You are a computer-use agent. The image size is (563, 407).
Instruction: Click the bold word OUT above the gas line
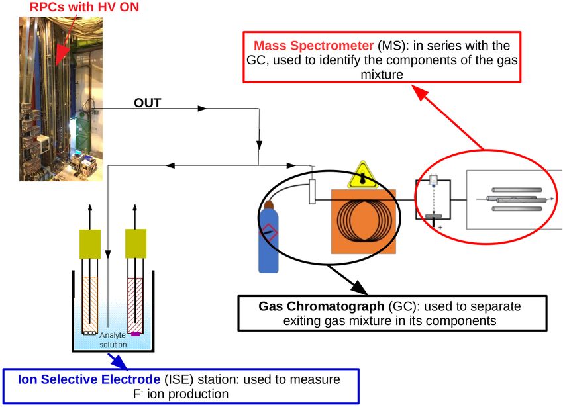pos(147,103)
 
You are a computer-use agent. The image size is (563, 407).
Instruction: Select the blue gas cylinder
pos(268,238)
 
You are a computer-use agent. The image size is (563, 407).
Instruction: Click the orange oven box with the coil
pos(364,222)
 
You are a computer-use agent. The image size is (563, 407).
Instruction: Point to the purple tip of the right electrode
pos(135,334)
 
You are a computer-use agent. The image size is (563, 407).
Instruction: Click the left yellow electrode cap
pos(90,244)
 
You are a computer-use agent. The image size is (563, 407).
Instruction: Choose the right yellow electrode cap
pos(136,244)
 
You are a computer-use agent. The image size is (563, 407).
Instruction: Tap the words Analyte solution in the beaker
pos(113,340)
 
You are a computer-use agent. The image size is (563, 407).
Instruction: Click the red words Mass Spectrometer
pos(314,46)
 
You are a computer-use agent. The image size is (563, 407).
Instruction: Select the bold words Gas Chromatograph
pos(321,306)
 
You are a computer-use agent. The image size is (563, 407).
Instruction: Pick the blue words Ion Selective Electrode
pos(89,379)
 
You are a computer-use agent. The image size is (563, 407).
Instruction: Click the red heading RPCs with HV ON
pos(84,7)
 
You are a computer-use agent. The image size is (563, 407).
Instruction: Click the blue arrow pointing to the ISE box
pos(117,361)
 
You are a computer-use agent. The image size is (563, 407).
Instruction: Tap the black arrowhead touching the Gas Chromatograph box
pos(359,287)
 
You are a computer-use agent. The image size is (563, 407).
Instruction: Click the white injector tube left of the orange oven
pos(312,192)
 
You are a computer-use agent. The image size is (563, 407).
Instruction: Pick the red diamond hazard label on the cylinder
pos(268,232)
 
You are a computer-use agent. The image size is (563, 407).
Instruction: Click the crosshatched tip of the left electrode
pos(89,333)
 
